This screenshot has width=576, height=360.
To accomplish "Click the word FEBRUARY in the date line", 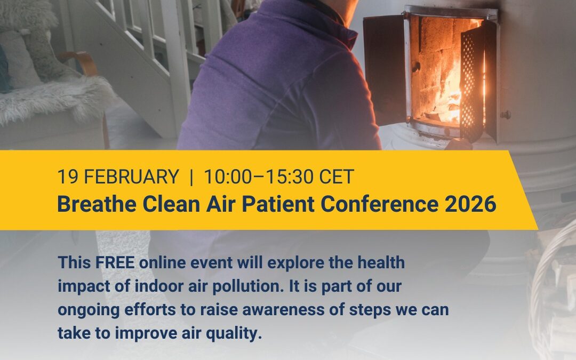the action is click(x=131, y=177).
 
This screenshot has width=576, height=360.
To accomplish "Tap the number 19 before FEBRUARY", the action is click(x=68, y=177).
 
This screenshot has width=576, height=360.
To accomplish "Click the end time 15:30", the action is click(x=290, y=177).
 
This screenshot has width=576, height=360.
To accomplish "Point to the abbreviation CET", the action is click(x=336, y=177).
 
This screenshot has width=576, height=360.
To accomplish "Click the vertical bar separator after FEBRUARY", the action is click(x=191, y=177).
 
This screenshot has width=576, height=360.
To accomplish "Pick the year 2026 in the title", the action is click(x=470, y=204).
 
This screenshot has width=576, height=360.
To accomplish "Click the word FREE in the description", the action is click(x=115, y=262).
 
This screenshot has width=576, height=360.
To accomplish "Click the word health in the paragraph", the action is click(x=381, y=262).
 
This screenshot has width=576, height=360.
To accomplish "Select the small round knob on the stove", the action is click(x=506, y=115).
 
